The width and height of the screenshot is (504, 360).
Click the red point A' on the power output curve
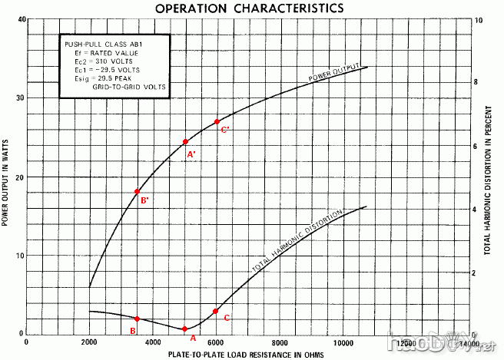(x=186, y=141)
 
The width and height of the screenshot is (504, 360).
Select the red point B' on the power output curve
(x=137, y=191)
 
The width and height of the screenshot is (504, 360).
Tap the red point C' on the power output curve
(x=217, y=121)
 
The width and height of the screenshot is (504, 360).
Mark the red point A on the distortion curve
(x=184, y=329)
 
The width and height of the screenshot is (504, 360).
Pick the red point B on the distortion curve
(x=137, y=319)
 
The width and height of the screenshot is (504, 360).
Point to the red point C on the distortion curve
(x=216, y=311)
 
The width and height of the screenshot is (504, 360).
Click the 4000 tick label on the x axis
(x=153, y=342)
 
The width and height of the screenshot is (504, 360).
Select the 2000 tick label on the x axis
(x=90, y=342)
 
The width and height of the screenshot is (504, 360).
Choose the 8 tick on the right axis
(x=479, y=82)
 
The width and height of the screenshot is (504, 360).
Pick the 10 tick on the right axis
(x=480, y=18)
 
